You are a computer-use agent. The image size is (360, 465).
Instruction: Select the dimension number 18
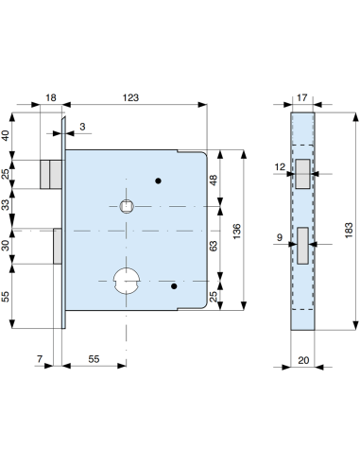(51, 96)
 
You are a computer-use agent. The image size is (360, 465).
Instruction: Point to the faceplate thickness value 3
(82, 125)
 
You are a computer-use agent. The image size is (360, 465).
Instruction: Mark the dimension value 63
(214, 245)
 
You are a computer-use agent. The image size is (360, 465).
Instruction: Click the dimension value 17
(302, 96)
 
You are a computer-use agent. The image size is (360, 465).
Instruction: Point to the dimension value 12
(280, 168)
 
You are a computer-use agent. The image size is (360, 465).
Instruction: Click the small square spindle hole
(126, 204)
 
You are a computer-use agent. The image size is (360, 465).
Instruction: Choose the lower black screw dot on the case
(175, 283)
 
